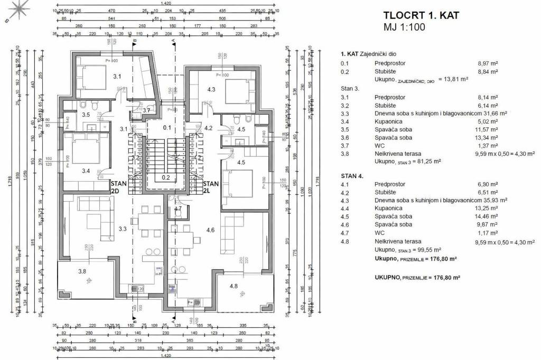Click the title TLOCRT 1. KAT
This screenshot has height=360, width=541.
tap(421, 15)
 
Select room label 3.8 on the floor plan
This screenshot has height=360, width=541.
tap(82, 271)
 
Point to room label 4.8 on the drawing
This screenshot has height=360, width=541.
tap(234, 287)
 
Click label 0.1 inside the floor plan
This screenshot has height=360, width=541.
tap(167, 127)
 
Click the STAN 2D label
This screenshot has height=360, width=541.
tap(119, 187)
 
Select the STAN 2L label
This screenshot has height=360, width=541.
tap(212, 187)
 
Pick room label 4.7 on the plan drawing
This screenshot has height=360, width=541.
tap(178, 209)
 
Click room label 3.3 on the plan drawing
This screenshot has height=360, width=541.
tap(123, 229)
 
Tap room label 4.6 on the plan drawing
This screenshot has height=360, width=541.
tap(210, 230)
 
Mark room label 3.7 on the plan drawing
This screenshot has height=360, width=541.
tap(147, 110)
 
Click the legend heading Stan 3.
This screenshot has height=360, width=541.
tap(350, 89)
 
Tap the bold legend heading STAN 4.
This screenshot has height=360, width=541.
tap(352, 176)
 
